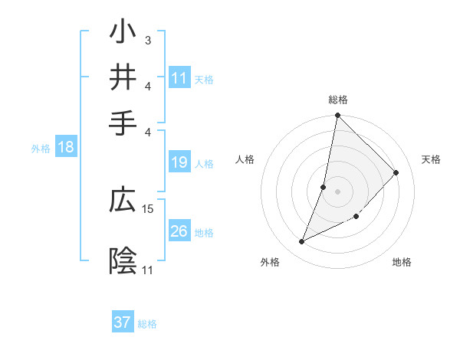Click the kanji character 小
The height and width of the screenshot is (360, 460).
coord(124,34)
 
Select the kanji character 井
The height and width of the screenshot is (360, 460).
coord(124,77)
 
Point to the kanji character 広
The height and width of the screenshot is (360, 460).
coord(124,201)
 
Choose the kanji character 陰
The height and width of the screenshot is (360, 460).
coord(124,261)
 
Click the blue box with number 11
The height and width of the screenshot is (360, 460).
coord(179,77)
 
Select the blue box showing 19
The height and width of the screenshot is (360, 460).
coord(179,162)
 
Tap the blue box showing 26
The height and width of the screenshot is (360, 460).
coord(179,231)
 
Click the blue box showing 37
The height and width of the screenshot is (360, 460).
coord(123,322)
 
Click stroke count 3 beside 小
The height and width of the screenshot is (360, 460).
coord(147,40)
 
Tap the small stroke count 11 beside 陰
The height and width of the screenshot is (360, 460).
coord(147,270)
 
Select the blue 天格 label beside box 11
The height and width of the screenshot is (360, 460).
coord(204,79)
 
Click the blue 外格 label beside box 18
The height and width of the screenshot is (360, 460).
coord(41,149)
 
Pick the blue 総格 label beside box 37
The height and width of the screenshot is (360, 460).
coord(147,324)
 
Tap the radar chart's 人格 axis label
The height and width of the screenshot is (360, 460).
coord(245,159)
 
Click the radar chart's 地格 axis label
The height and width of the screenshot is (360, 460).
coord(402,263)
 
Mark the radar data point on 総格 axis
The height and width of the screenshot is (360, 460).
coord(337,116)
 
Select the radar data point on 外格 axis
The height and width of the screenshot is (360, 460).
coord(302,242)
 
